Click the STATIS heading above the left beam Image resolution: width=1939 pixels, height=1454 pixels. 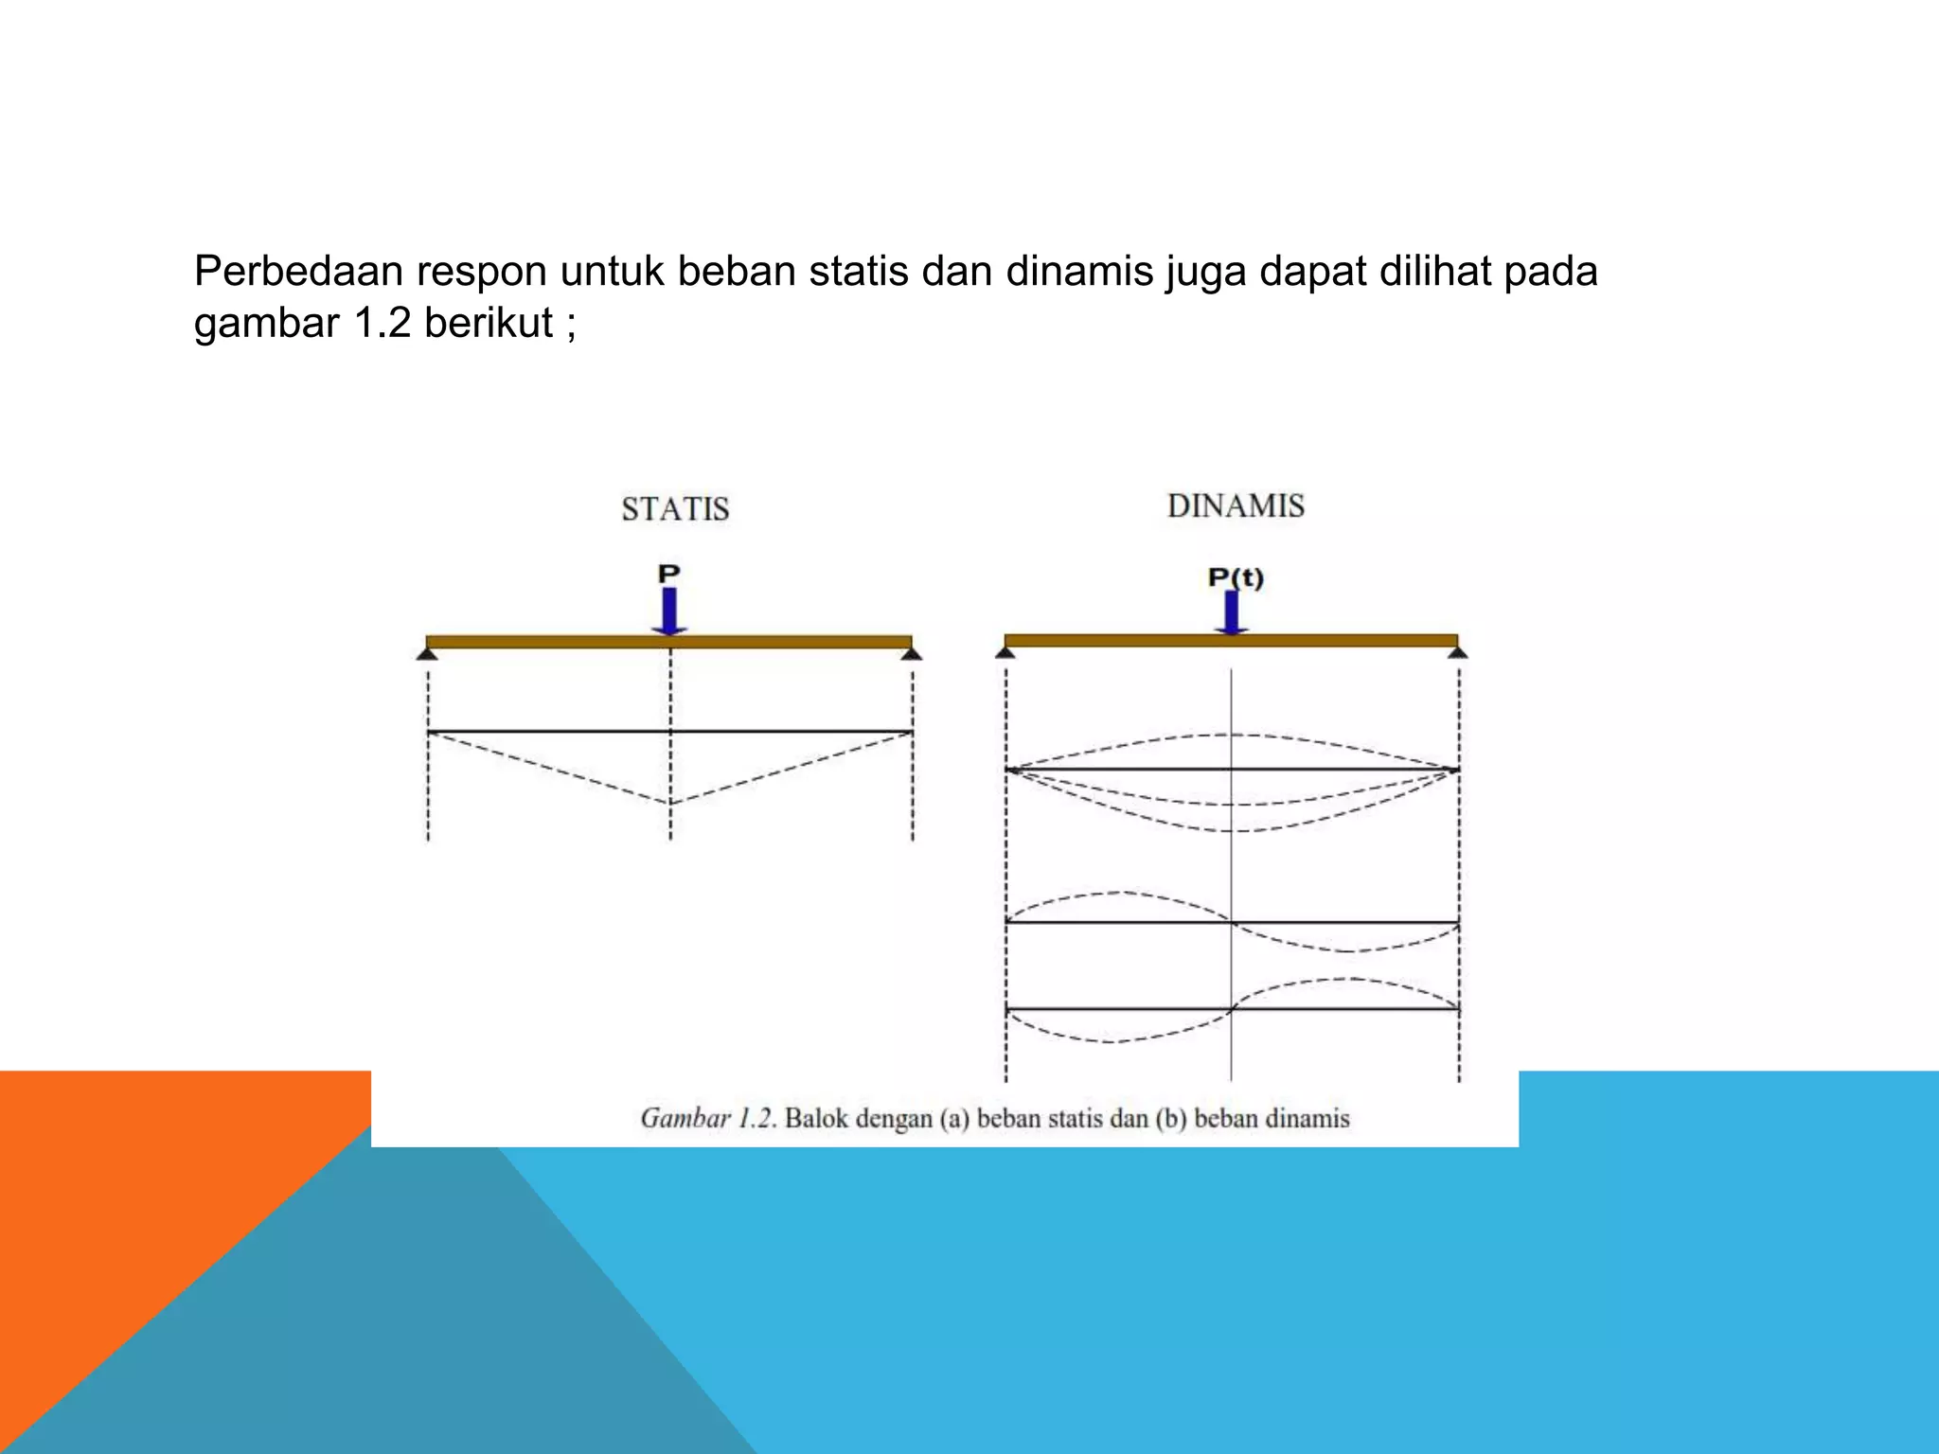tap(675, 509)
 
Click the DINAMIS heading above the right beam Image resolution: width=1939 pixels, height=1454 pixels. tap(1236, 506)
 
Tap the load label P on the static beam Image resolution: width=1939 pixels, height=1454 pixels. tap(668, 574)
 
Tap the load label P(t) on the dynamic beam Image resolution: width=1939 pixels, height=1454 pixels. tap(1236, 577)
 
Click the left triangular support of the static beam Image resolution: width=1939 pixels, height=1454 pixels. tap(427, 653)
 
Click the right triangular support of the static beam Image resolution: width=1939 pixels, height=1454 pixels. tap(912, 653)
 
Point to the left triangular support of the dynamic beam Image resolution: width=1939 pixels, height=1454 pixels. tap(1005, 651)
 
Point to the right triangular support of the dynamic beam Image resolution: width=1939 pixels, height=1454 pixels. tap(1458, 651)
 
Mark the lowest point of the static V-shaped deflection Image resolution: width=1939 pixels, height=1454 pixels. tap(670, 803)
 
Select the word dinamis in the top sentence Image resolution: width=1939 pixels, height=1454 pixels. tap(1079, 272)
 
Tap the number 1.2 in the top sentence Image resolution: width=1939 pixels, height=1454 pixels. tap(382, 324)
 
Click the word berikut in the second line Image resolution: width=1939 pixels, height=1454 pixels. tap(488, 324)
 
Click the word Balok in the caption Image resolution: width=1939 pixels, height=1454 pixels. tap(816, 1119)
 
